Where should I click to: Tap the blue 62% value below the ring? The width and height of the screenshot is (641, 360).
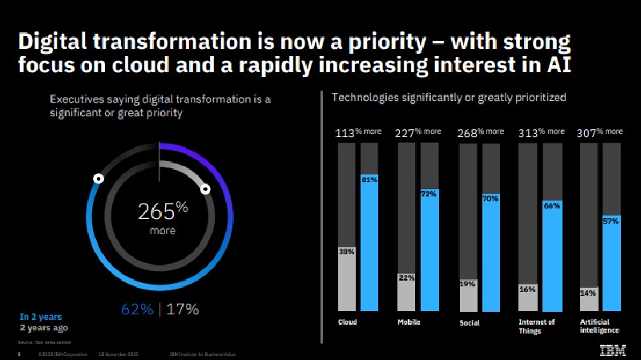pos(136,309)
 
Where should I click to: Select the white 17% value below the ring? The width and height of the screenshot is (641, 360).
pos(183,309)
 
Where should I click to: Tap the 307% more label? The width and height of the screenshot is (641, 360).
pos(599,132)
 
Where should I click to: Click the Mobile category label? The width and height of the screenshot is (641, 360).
pos(408,322)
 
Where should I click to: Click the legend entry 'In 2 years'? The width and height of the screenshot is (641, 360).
pos(40,317)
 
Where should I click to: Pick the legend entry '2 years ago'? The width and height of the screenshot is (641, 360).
pos(44,328)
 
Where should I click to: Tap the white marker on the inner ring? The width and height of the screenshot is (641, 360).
pos(205,189)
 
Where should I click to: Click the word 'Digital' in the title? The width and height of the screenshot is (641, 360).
pos(58,42)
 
